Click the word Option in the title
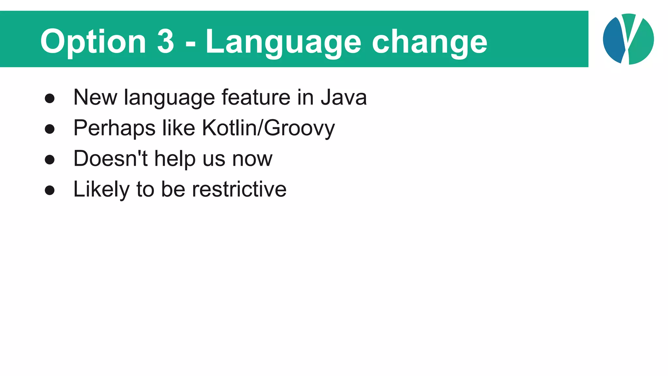click(x=93, y=42)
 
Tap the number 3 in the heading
click(x=166, y=41)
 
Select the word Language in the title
click(x=283, y=42)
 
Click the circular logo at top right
click(x=628, y=39)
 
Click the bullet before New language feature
click(x=50, y=98)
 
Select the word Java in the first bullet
click(x=344, y=97)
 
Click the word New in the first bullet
click(x=95, y=97)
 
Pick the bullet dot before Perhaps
click(x=50, y=129)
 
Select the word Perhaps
click(x=114, y=128)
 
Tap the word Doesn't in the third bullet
click(x=111, y=159)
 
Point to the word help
click(x=175, y=159)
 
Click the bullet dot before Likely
click(x=50, y=190)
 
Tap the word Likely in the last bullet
click(x=101, y=189)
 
